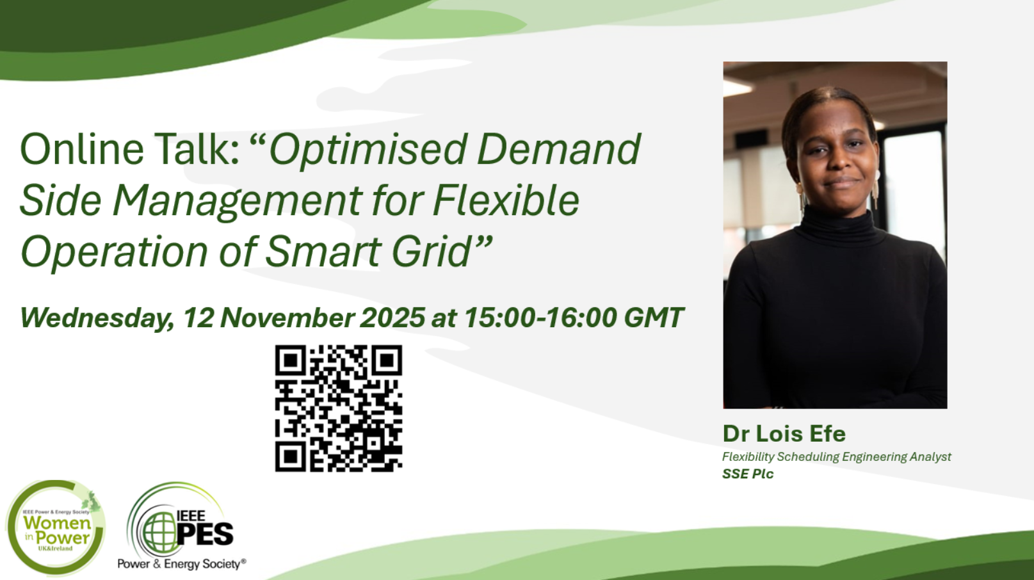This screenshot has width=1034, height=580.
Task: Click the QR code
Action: click(x=338, y=408)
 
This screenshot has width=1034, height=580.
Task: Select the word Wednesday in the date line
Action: click(x=97, y=318)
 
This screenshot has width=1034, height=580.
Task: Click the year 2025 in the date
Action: click(x=392, y=318)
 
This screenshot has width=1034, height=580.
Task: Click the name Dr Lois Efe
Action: click(x=784, y=433)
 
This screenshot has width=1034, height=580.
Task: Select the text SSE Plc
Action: click(x=748, y=474)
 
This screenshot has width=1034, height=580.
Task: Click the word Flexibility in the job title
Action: click(x=748, y=457)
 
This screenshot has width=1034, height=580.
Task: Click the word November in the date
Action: click(x=287, y=318)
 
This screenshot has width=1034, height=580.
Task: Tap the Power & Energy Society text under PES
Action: click(x=181, y=564)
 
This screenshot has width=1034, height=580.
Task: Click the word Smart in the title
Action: click(x=322, y=252)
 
